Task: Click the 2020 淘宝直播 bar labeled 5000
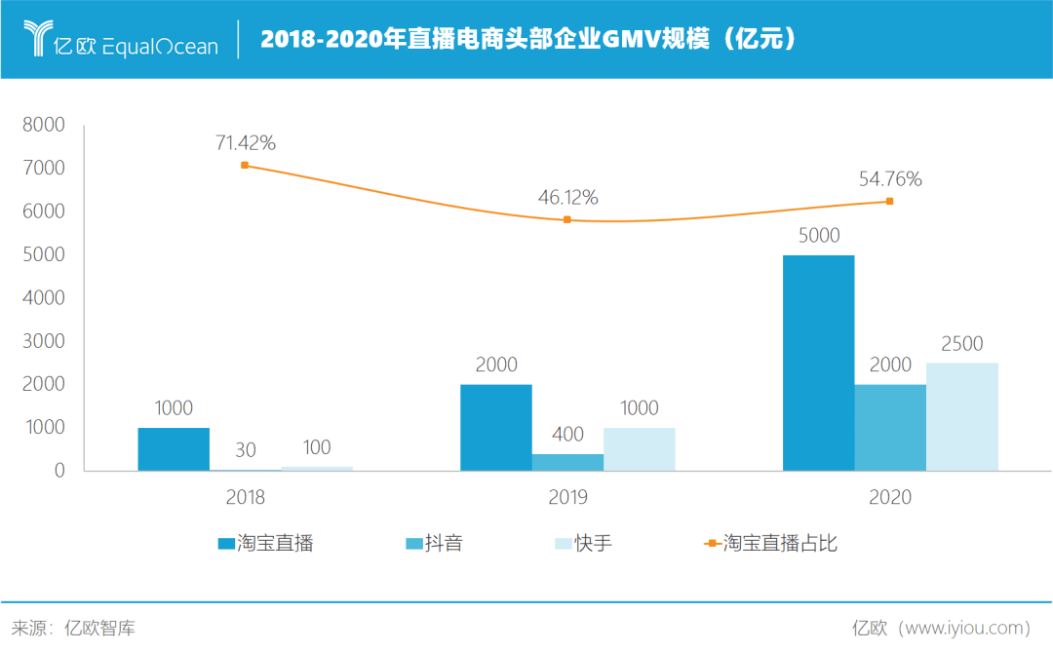click(x=818, y=363)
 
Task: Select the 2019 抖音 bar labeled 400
click(x=567, y=462)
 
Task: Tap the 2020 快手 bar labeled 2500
click(x=961, y=416)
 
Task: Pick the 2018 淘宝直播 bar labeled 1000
click(x=174, y=448)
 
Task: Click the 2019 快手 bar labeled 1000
click(x=639, y=448)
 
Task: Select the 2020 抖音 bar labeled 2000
click(x=890, y=427)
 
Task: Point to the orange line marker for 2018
click(x=245, y=165)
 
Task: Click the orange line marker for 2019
click(x=567, y=219)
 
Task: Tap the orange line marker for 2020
click(x=889, y=202)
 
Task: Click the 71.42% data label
click(x=246, y=143)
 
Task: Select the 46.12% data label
click(x=567, y=197)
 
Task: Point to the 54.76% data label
click(x=890, y=179)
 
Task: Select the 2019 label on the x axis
click(x=567, y=497)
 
